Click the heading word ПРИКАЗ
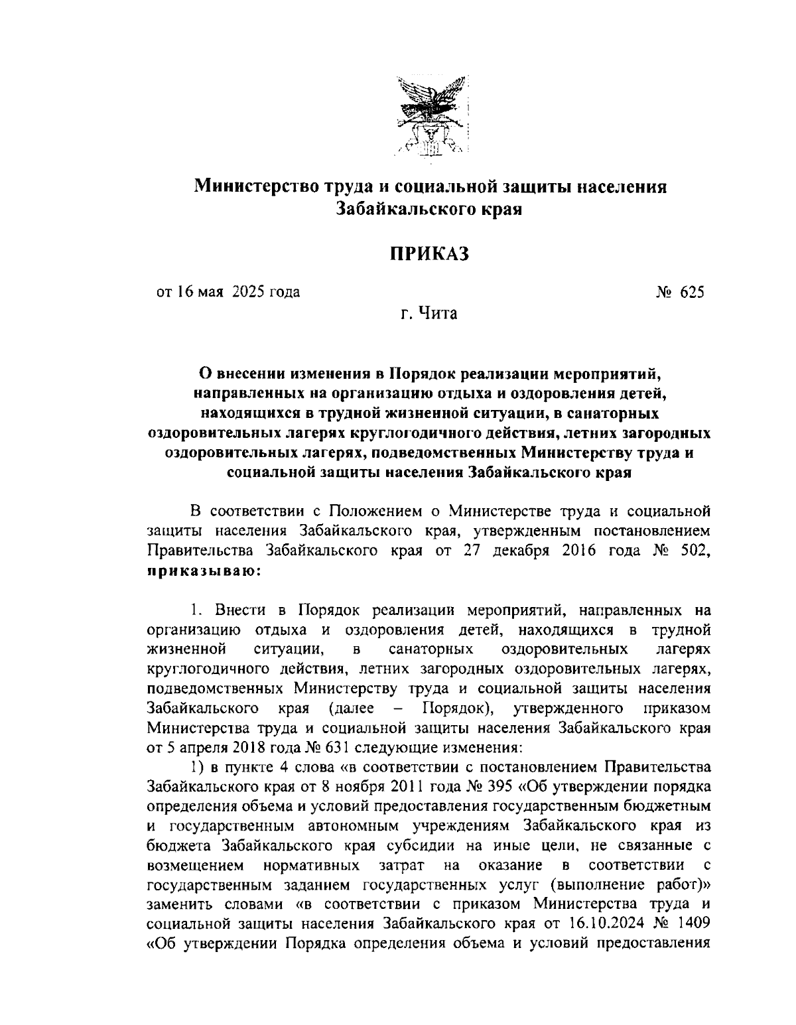429,253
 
